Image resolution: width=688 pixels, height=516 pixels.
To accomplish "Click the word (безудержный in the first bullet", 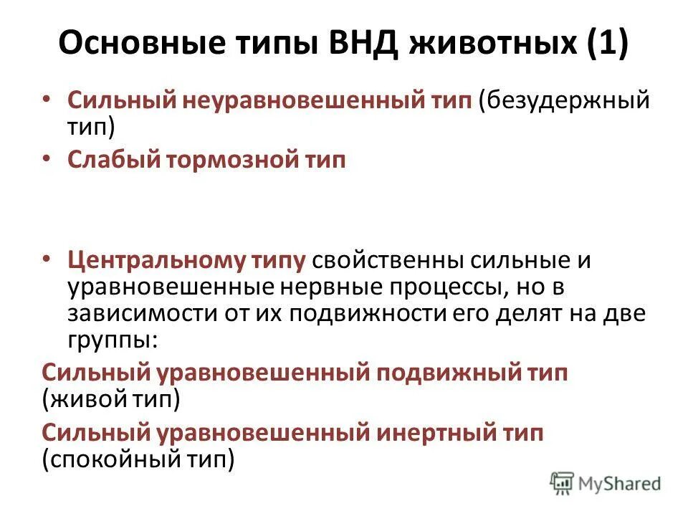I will tap(565, 100).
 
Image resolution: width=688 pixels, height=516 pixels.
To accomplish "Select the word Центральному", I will tap(151, 260).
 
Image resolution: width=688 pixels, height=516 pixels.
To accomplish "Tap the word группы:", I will tap(110, 340).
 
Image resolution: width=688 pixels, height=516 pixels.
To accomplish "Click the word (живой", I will tap(85, 400).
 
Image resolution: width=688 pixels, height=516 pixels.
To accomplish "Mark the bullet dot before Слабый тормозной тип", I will tap(47, 159).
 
